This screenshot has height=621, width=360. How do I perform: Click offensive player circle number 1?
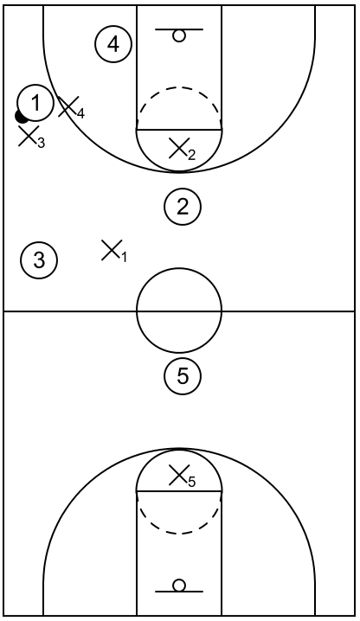click(35, 104)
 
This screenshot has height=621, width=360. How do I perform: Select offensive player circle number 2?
click(183, 207)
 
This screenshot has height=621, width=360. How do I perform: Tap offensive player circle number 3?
click(39, 260)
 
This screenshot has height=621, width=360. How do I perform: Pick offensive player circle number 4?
click(113, 44)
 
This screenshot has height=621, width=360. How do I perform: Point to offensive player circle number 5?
click(183, 376)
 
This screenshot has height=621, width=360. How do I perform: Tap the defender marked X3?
click(31, 137)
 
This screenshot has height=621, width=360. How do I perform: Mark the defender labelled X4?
click(71, 108)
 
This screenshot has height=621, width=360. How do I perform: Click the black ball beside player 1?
click(20, 117)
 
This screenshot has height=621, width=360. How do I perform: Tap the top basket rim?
click(179, 35)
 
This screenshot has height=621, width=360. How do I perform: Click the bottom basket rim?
click(179, 586)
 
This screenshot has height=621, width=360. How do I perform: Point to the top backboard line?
click(179, 29)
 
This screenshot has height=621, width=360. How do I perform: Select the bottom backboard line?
click(179, 592)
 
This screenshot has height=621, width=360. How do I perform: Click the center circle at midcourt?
click(179, 268)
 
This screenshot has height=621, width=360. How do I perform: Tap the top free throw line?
click(179, 129)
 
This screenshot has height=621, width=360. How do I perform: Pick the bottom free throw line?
click(179, 491)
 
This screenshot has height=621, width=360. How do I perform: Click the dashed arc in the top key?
click(179, 87)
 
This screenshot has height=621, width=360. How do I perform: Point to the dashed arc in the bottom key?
click(179, 533)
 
